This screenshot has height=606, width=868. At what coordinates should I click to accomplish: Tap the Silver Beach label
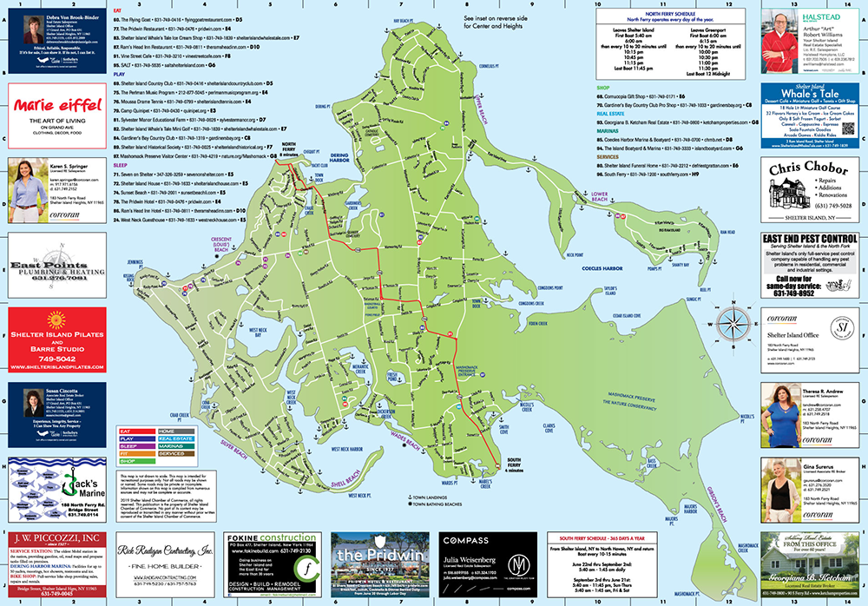[x=235, y=442]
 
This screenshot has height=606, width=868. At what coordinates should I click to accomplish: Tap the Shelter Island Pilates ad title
[x=56, y=343]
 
